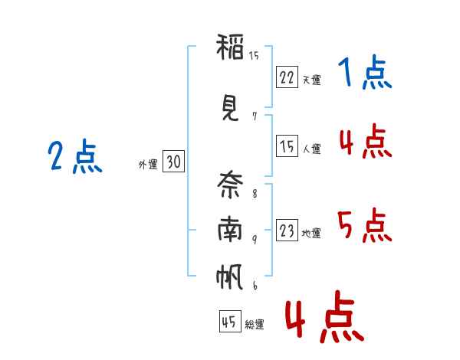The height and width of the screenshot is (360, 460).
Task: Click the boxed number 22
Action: (287, 77)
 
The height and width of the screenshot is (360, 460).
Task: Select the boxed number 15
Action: (287, 146)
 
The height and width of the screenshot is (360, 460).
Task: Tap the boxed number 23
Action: (287, 231)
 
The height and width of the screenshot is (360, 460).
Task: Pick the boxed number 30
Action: (173, 162)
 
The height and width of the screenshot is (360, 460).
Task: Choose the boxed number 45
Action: (228, 322)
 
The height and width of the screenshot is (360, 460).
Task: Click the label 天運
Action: (311, 80)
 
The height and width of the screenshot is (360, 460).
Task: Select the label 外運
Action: (148, 165)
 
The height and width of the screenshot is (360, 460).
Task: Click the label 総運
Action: (255, 325)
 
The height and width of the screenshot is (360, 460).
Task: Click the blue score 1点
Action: (365, 74)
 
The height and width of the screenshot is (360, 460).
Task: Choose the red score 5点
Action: (365, 226)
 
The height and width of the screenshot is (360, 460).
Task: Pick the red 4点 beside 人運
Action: (365, 141)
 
